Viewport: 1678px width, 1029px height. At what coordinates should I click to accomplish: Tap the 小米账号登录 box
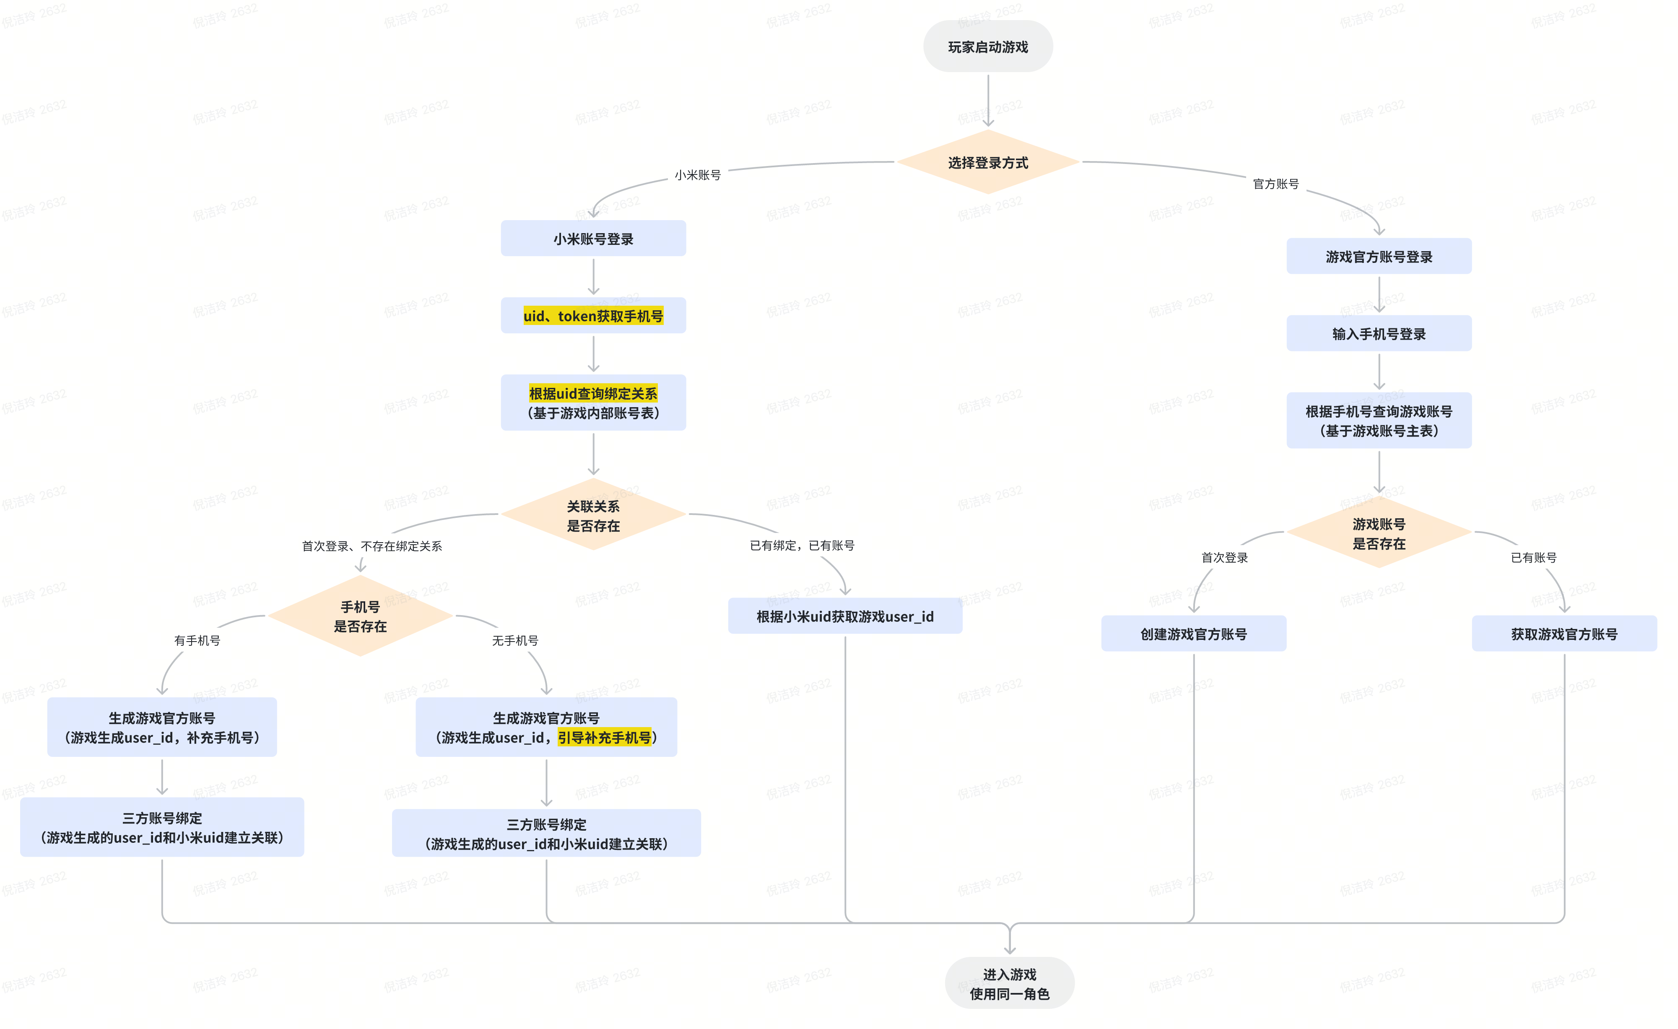593,238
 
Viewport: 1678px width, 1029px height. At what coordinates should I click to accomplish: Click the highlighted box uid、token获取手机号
593,315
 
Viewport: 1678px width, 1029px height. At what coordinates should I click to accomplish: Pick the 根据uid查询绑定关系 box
593,403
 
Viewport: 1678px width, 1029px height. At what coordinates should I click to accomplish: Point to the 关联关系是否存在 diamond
593,515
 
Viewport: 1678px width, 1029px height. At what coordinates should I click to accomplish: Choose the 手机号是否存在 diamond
360,616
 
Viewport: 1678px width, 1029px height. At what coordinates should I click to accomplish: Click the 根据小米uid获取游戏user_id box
845,616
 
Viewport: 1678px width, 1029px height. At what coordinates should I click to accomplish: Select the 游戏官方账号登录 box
1379,256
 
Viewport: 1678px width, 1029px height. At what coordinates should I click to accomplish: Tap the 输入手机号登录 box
1379,333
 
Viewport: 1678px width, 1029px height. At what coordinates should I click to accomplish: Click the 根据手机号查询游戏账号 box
1379,420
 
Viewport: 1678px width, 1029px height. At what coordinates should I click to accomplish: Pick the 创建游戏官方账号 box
1194,633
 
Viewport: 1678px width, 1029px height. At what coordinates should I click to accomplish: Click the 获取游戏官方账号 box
1564,633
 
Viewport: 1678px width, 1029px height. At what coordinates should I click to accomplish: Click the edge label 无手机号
515,640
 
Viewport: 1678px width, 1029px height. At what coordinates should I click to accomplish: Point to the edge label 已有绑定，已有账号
802,545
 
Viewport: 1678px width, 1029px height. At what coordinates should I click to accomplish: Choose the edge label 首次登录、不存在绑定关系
372,546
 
